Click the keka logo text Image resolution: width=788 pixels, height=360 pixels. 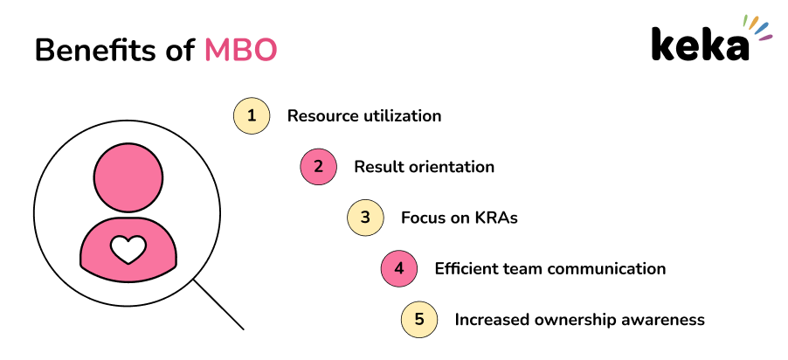click(x=699, y=45)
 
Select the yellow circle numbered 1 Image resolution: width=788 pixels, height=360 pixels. click(x=252, y=115)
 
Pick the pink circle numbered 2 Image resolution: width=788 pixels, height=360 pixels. click(x=318, y=167)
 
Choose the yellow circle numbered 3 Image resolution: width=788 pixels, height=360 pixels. click(x=365, y=218)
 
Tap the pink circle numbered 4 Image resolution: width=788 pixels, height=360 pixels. click(x=399, y=268)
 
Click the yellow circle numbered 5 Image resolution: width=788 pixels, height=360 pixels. click(x=419, y=320)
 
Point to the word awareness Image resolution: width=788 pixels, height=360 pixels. click(x=665, y=320)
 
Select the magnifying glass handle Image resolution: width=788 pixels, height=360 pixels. click(x=218, y=305)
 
